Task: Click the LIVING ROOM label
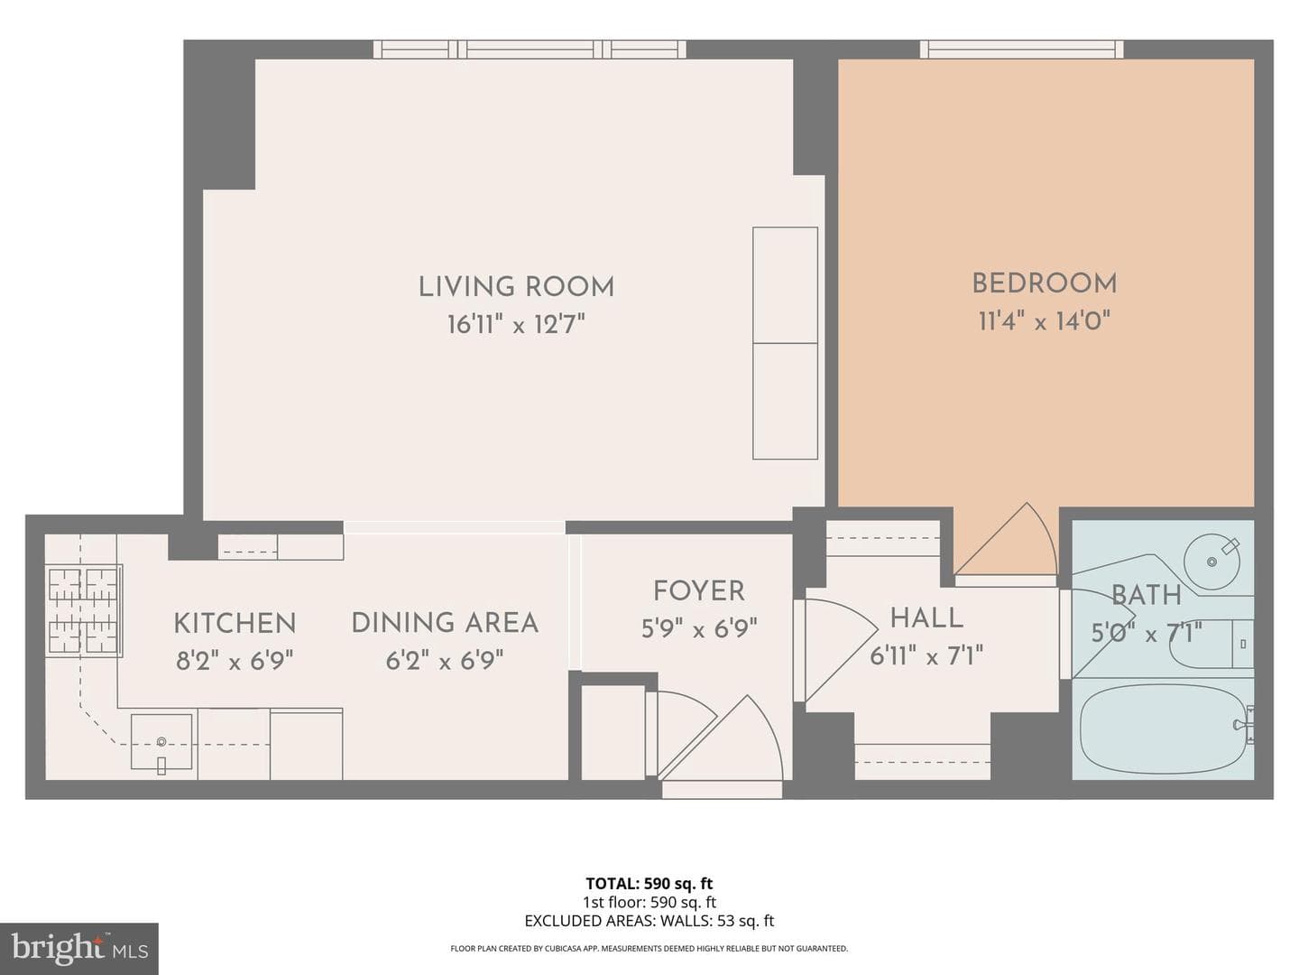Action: (x=516, y=287)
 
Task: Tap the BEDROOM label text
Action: (x=1045, y=283)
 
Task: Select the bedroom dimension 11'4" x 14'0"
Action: (x=1045, y=321)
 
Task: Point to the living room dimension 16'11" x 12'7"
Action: (x=516, y=324)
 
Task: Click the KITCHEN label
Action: (x=235, y=623)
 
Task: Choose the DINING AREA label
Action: (x=445, y=623)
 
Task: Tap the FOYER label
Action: (x=699, y=590)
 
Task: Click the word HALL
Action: (x=926, y=618)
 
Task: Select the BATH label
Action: (x=1147, y=595)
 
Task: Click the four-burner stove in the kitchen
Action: (x=84, y=611)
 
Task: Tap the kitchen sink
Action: (x=161, y=742)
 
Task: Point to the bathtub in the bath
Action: (x=1162, y=729)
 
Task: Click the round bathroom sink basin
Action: (x=1211, y=562)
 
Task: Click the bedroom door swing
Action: (x=1006, y=539)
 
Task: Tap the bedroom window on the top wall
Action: (x=1021, y=49)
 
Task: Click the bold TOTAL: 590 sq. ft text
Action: (x=649, y=884)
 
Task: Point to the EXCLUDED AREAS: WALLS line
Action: (x=649, y=921)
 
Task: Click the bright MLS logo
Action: (x=79, y=949)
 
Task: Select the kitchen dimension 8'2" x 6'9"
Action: (x=235, y=661)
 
